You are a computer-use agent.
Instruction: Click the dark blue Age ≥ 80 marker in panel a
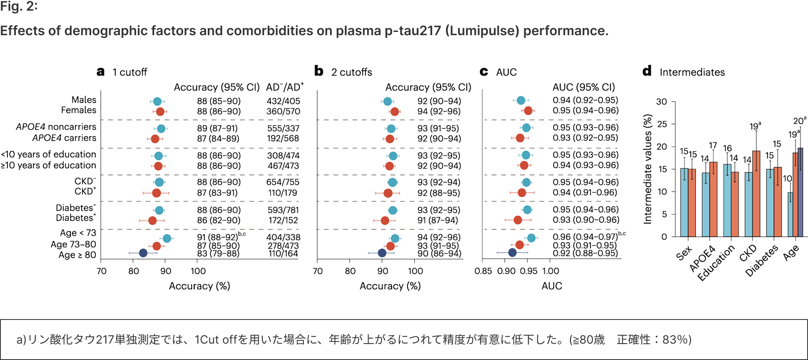point(143,253)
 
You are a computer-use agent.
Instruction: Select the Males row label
point(84,100)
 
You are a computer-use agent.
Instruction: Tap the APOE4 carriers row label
point(64,138)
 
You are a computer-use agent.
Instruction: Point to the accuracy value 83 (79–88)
point(218,254)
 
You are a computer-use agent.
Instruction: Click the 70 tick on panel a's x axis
point(101,271)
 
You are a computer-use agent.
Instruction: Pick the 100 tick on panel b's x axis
point(415,271)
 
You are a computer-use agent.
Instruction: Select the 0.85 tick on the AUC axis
point(483,271)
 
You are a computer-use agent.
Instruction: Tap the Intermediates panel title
point(692,72)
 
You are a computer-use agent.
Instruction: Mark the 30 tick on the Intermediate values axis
point(661,101)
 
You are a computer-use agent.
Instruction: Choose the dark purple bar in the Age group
point(800,192)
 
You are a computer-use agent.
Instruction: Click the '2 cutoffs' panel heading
point(352,72)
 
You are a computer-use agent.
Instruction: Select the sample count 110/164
point(283,254)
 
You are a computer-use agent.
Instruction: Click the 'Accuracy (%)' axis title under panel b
point(390,286)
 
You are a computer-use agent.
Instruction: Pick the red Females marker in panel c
point(528,110)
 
